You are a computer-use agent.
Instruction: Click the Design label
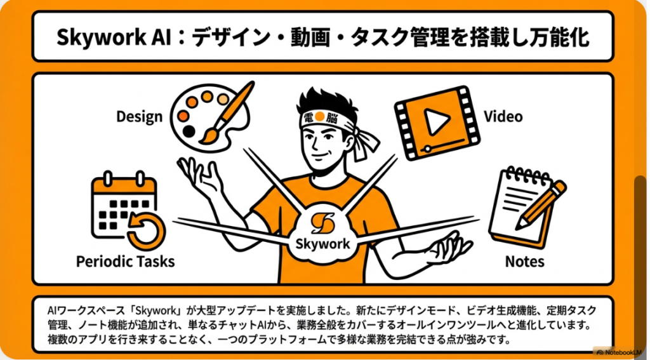[139, 117]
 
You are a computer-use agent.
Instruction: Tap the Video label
[503, 116]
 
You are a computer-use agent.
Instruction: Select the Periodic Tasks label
[126, 262]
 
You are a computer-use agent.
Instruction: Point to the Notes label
[524, 262]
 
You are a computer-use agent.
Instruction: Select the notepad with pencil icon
[526, 208]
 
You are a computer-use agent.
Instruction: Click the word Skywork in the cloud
[322, 243]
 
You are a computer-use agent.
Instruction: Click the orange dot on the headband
[319, 117]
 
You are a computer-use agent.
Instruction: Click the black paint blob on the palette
[189, 131]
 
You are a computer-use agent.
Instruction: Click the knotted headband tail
[366, 143]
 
